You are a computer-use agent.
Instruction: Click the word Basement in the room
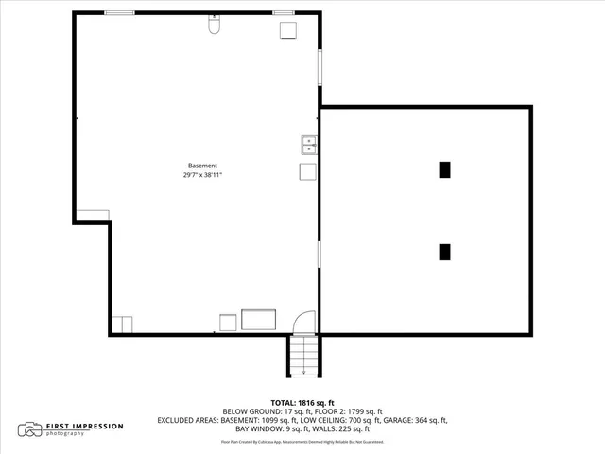202,166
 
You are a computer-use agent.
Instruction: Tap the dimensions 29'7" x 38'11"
202,175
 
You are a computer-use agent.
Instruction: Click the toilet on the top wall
214,28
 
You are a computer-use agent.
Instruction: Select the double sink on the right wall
309,145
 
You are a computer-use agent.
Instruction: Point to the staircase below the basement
302,356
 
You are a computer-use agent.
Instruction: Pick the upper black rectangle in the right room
444,169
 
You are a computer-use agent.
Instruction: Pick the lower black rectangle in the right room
444,252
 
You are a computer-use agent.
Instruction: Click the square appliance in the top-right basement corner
288,29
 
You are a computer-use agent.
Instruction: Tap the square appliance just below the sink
308,171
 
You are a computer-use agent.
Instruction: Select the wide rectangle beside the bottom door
258,319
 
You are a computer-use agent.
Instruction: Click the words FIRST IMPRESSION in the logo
85,427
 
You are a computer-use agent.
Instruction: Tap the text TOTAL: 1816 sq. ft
302,402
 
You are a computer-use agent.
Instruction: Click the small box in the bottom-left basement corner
123,323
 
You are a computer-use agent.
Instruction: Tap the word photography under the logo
69,435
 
